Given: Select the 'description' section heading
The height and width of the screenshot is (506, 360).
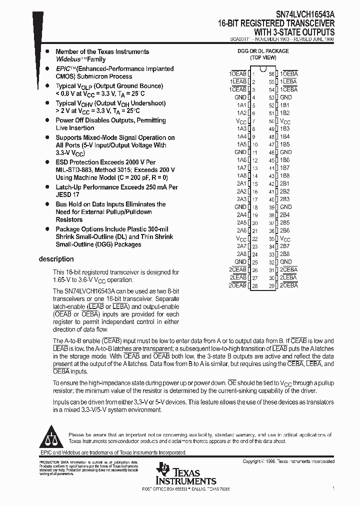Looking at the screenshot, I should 56,259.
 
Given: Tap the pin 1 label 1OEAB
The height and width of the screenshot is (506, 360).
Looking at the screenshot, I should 238,73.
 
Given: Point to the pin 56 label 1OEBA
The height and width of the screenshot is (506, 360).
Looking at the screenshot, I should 289,73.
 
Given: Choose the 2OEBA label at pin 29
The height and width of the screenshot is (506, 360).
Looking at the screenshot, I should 288,285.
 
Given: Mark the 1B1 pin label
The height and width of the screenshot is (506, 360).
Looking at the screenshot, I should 284,105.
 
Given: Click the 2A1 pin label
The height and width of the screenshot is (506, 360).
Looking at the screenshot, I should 241,183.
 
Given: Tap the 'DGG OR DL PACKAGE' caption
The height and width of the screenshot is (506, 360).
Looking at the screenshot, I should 262,51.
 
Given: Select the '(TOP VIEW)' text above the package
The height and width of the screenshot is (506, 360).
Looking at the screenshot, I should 262,57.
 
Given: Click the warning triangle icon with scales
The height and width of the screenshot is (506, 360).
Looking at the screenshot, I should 52,436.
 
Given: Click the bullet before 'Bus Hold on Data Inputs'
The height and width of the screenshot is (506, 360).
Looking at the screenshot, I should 47,204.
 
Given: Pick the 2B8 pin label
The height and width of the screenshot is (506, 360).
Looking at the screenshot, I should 284,254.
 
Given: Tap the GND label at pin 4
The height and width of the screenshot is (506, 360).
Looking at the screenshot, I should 240,97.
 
